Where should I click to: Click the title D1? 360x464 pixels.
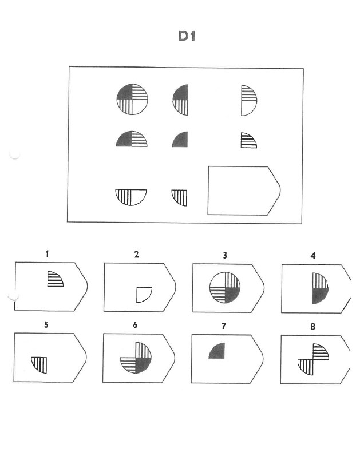coord(187,36)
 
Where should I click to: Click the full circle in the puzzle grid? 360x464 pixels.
coord(132,99)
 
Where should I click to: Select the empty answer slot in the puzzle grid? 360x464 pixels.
coord(244,191)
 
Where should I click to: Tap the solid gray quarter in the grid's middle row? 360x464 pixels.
coord(180,140)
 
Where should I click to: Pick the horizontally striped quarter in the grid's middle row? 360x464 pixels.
coord(249,140)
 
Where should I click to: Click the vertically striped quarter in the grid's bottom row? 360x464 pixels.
coord(180,198)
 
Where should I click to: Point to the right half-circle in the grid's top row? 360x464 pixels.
coord(249,100)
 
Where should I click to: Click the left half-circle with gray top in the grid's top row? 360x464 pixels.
coord(180,100)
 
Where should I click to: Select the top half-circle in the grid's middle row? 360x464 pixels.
coord(132,139)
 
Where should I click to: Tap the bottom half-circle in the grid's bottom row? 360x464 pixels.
coord(131,197)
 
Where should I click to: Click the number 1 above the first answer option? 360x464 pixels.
coord(47,253)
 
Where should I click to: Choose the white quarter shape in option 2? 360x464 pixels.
coord(144,295)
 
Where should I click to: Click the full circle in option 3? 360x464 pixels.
coord(225,288)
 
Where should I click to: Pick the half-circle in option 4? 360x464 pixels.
coord(321,288)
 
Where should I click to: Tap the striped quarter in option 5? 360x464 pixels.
coord(39,365)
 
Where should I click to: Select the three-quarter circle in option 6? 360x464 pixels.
coord(136,358)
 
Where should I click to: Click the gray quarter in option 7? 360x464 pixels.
coord(217,351)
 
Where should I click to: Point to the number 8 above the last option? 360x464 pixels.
coord(312,327)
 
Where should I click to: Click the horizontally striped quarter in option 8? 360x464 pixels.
coord(321,351)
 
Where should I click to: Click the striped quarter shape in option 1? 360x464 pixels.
coord(56,279)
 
